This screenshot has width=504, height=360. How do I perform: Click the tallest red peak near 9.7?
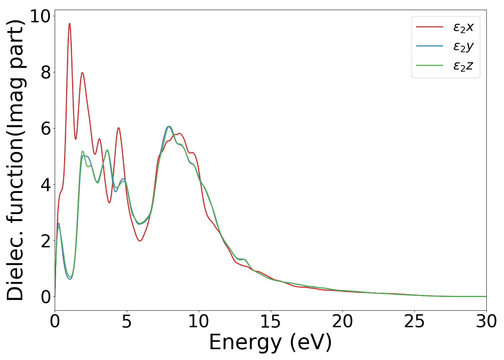[x=69, y=24]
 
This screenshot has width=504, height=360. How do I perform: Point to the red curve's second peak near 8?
[x=82, y=73]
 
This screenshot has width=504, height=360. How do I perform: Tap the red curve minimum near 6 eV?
[x=140, y=240]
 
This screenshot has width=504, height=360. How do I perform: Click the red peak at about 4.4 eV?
[x=118, y=128]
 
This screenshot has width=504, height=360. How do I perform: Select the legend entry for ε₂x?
[x=463, y=27]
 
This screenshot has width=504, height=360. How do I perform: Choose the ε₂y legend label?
[x=463, y=46]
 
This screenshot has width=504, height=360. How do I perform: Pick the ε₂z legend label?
[x=463, y=66]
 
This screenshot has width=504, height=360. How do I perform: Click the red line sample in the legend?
[x=429, y=27]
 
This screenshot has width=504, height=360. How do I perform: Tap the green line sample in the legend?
[x=429, y=66]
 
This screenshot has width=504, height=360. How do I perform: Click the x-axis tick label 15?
[x=270, y=321]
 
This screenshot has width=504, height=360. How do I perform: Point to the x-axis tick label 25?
[x=414, y=321]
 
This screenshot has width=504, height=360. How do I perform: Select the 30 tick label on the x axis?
[x=486, y=321]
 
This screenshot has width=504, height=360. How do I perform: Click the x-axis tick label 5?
[x=127, y=321]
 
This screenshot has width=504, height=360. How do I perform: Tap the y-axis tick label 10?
[x=40, y=16]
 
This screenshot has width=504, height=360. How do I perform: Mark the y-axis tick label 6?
[x=45, y=129]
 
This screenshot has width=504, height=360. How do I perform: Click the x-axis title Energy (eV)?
[x=270, y=342]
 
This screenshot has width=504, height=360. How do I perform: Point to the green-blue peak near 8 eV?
[x=168, y=126]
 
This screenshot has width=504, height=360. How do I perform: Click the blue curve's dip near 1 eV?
[x=70, y=279]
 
